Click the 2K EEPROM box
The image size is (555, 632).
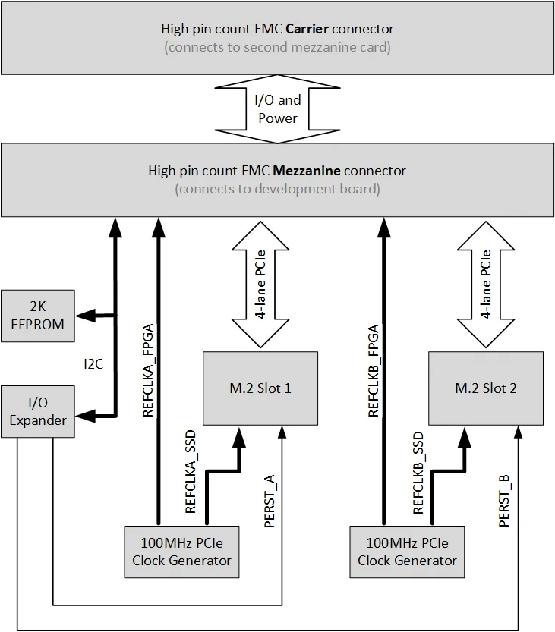(38, 315)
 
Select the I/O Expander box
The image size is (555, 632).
(38, 411)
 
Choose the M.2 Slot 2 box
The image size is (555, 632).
(486, 388)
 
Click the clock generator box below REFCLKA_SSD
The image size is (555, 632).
(181, 552)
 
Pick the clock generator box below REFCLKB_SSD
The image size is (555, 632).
(407, 552)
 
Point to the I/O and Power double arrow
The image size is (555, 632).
(279, 108)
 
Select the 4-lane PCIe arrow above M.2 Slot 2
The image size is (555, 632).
(486, 282)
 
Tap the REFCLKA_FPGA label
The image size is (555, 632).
(148, 371)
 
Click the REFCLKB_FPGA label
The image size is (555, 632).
(374, 371)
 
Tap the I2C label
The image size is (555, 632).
(93, 364)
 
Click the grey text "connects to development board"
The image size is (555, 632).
(277, 189)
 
